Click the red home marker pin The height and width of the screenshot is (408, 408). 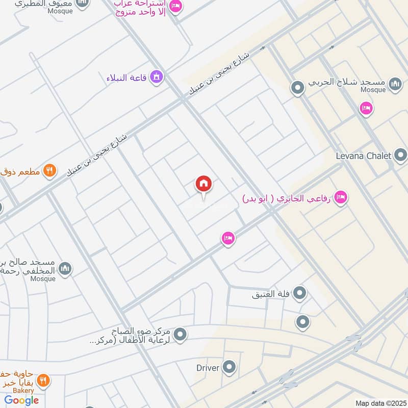click(x=203, y=185)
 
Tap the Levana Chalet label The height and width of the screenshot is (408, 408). click(x=363, y=156)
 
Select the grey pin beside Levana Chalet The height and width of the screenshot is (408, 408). click(x=401, y=155)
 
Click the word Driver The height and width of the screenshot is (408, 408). click(x=208, y=367)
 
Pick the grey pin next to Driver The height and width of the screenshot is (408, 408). click(x=229, y=367)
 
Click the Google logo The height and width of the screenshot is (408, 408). click(x=22, y=400)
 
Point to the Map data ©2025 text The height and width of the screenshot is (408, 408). click(x=380, y=403)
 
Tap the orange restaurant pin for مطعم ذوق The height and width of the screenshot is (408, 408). click(x=49, y=171)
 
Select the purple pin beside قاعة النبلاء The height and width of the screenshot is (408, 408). click(x=157, y=77)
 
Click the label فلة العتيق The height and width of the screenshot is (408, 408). click(x=271, y=294)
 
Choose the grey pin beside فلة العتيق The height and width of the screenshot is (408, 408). click(x=300, y=293)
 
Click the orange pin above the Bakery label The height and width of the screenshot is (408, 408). click(x=43, y=379)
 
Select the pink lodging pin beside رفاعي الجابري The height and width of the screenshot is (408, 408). click(x=341, y=197)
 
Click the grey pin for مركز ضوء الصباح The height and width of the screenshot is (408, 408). click(x=180, y=335)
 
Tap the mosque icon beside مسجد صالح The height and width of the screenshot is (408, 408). click(x=65, y=268)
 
